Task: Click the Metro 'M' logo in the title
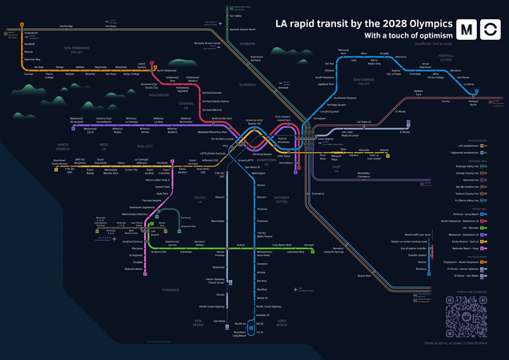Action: [465, 30]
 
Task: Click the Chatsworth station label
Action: [31, 34]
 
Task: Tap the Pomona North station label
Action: [473, 103]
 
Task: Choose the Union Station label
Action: [325, 139]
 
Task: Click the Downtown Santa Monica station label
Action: [59, 162]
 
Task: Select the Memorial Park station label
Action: [344, 51]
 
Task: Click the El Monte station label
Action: [390, 111]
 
